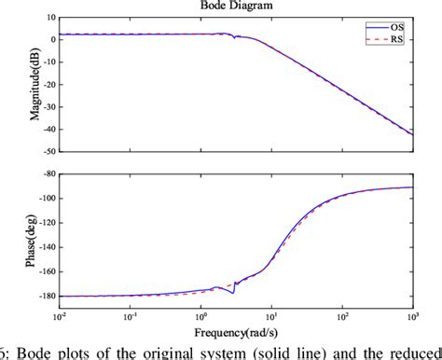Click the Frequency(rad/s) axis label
[233, 332]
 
